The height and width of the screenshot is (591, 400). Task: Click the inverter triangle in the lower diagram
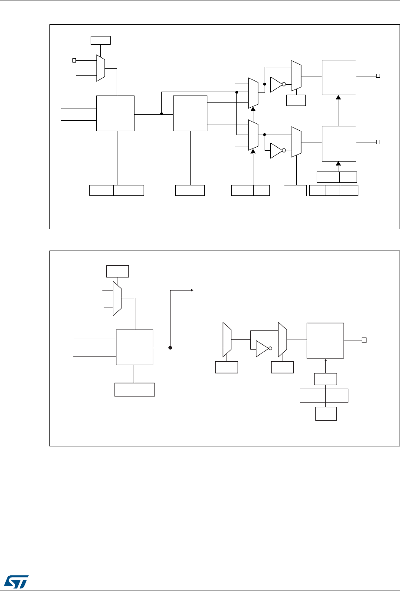click(262, 349)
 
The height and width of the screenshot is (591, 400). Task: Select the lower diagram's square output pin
click(365, 340)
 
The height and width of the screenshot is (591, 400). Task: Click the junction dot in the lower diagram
click(170, 348)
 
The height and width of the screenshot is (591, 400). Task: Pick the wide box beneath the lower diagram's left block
click(134, 390)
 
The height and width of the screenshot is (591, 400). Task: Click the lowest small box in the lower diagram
click(325, 414)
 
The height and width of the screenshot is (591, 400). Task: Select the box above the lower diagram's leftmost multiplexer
click(118, 271)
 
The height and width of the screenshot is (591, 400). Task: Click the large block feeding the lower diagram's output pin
click(325, 340)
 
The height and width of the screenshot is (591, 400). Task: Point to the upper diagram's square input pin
click(74, 60)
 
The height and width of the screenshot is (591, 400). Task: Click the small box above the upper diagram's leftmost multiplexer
click(101, 40)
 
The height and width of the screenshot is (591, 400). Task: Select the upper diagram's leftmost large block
click(115, 113)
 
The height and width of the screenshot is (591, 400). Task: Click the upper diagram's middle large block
click(190, 113)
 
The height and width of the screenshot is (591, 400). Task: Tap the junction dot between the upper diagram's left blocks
click(161, 114)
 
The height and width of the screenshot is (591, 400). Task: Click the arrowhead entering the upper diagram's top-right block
click(338, 98)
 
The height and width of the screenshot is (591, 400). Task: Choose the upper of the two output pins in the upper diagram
click(378, 76)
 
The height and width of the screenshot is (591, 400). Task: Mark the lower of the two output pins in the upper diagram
click(378, 142)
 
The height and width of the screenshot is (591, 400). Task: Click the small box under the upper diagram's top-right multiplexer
click(296, 100)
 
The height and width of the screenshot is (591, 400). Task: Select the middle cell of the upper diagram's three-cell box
click(332, 190)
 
